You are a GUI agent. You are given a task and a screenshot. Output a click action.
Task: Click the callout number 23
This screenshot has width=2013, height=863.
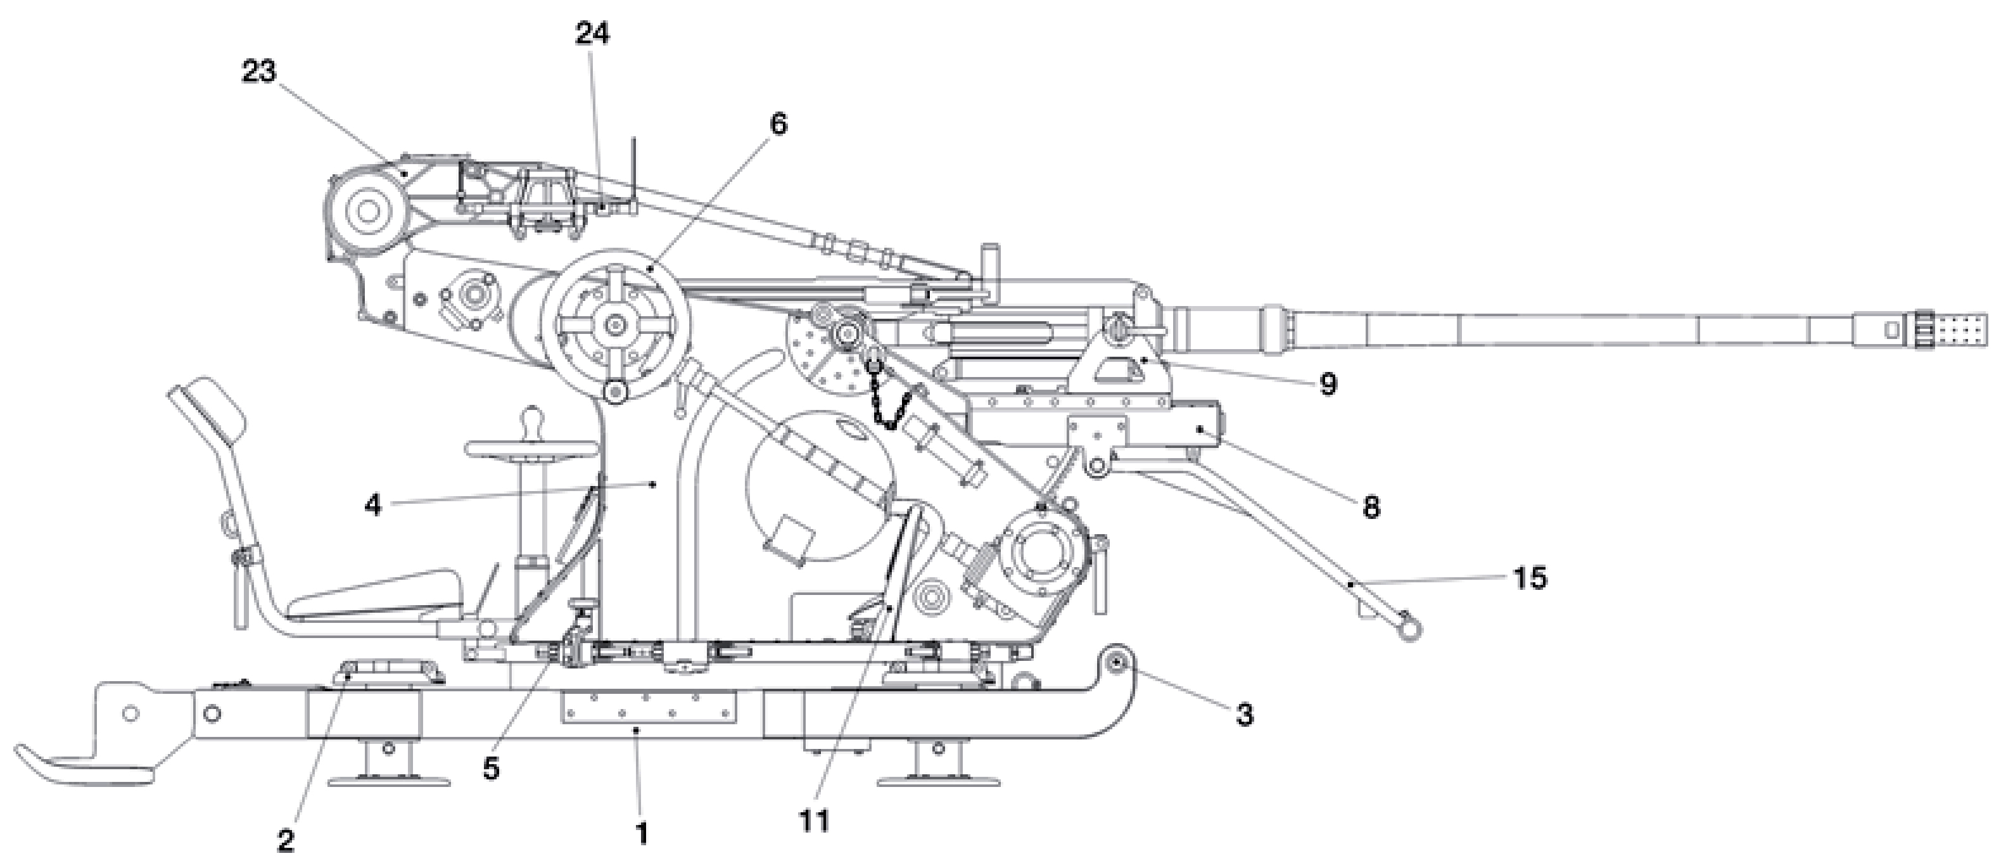tap(258, 72)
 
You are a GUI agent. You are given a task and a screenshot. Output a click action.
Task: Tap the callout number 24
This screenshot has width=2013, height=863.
tap(592, 34)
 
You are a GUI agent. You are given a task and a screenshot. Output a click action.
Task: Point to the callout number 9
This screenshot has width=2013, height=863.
tap(1328, 385)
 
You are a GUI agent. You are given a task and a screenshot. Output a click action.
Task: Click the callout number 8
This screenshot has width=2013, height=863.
tap(1371, 508)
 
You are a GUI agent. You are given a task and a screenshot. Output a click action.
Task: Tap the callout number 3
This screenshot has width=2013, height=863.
tap(1244, 715)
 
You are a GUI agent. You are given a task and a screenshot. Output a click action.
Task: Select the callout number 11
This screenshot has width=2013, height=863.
tap(813, 821)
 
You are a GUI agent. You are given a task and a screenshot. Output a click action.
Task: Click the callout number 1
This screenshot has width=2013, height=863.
tap(642, 833)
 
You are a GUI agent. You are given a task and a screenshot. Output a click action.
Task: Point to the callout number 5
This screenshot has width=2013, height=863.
tap(490, 769)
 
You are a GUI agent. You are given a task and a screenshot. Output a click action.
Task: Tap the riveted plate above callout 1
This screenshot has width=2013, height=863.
tap(649, 706)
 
